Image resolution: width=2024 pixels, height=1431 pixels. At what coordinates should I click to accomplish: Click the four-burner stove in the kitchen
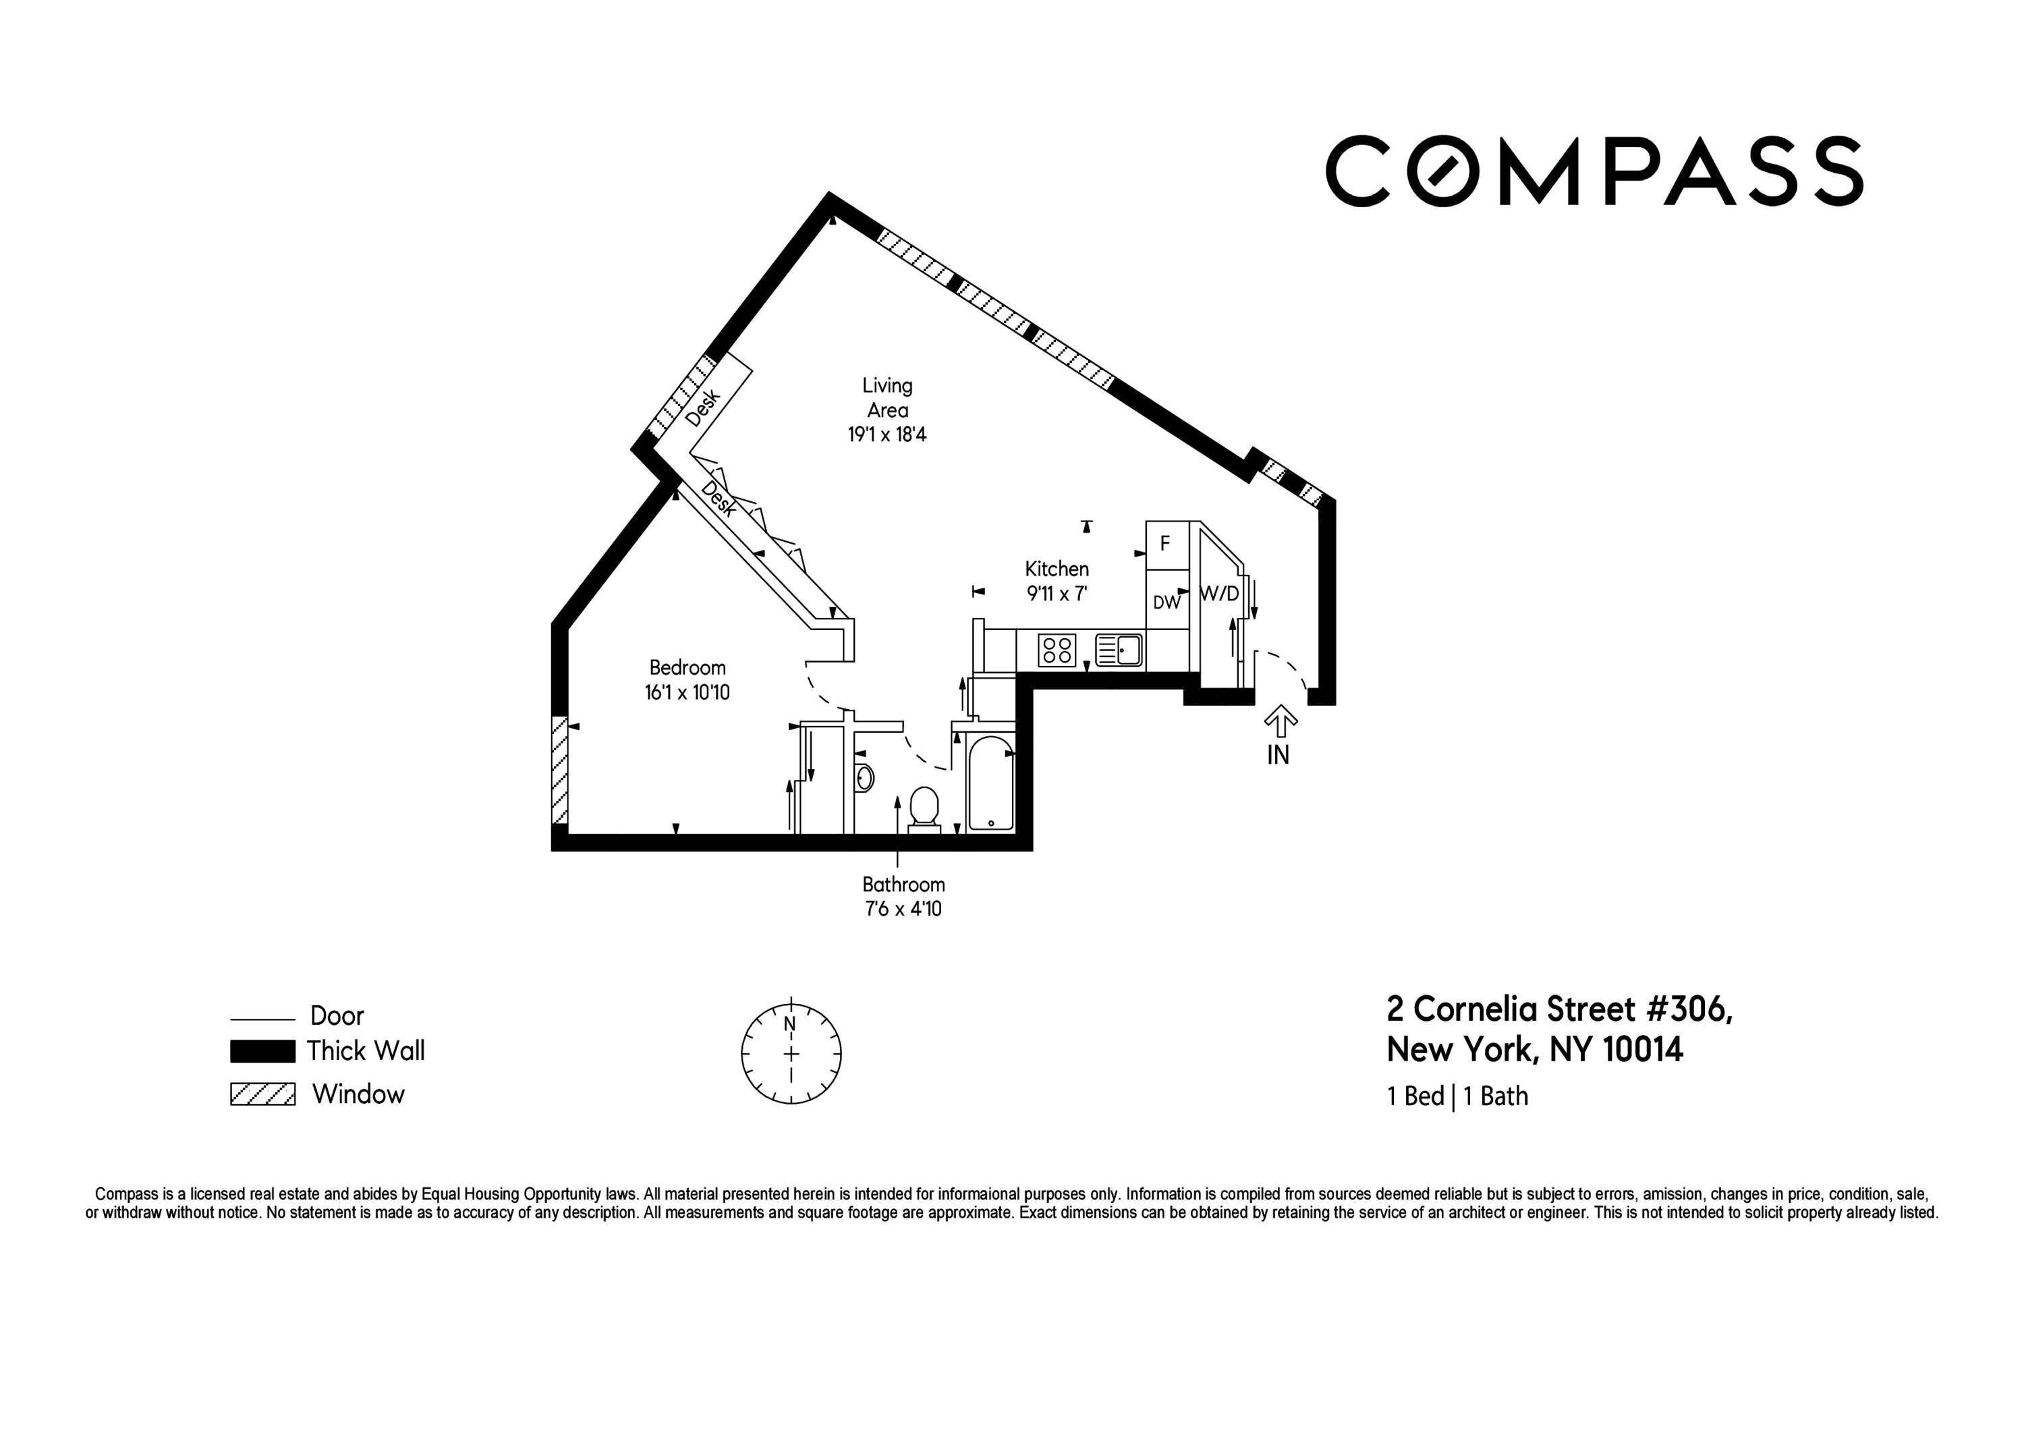[1056, 650]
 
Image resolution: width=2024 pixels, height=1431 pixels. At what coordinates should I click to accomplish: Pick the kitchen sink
[1119, 650]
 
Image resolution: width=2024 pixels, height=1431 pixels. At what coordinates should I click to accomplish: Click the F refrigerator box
[1165, 544]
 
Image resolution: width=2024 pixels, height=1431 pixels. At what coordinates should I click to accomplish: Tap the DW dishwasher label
[1166, 603]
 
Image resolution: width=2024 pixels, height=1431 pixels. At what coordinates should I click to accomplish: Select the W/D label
[1219, 594]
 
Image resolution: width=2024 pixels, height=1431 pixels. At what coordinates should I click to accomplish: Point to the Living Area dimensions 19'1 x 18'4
[887, 434]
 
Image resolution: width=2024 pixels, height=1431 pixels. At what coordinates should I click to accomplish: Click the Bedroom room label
[687, 667]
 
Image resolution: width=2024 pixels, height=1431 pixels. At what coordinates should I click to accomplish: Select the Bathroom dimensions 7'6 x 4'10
[903, 909]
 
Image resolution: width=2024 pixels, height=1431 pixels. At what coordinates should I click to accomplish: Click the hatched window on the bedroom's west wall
[559, 770]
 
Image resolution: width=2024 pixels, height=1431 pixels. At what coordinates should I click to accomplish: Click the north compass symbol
[791, 1053]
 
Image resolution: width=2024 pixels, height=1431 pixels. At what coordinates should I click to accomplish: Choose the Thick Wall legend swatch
[262, 1051]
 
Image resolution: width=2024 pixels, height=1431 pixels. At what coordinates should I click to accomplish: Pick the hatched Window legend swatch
[262, 1094]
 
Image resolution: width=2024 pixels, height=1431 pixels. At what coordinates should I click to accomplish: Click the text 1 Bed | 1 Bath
[1457, 1096]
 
